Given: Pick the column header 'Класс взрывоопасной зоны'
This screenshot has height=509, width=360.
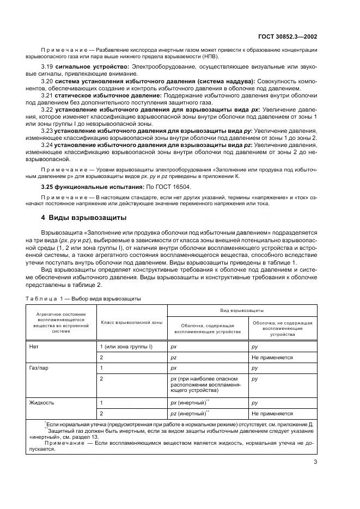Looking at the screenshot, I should click(x=131, y=322).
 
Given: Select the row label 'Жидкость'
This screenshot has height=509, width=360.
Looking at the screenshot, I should click(x=41, y=402).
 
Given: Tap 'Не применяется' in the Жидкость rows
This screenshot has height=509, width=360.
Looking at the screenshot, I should click(x=272, y=413).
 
